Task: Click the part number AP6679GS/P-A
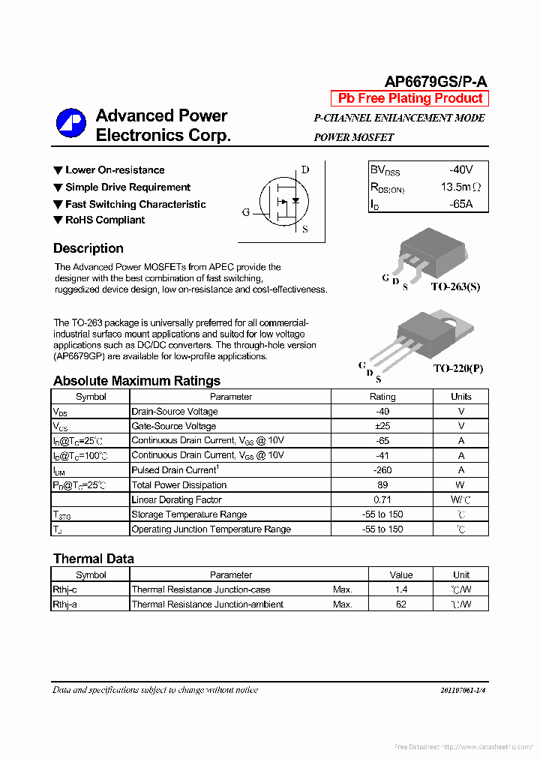436,82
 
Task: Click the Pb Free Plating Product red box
409,98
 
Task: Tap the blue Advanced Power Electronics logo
72,124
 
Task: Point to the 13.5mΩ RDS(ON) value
460,187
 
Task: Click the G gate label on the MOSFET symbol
245,212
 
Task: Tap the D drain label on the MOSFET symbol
304,169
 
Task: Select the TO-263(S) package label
455,287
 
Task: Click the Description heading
88,248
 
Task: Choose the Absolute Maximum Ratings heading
136,380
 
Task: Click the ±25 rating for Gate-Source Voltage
382,426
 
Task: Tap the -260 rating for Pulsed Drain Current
382,470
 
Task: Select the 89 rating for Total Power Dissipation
382,485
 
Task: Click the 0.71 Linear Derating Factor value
382,499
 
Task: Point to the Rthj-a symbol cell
65,604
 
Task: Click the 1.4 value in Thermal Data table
401,590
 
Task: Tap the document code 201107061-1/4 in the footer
467,690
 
